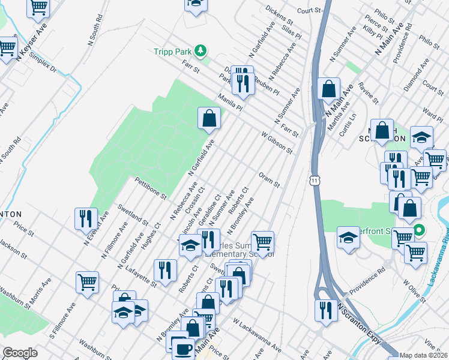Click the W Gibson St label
coord(277,142)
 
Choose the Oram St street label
coord(269,180)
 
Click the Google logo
coord(20,352)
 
